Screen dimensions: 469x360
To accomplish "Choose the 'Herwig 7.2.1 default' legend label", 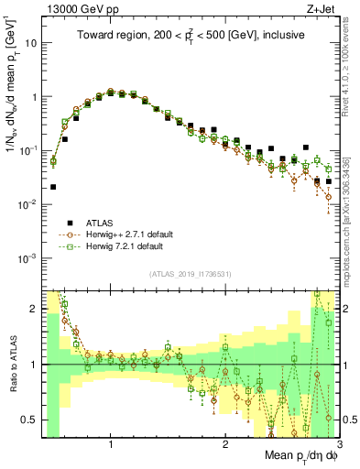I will pyautogui.click(x=124, y=246).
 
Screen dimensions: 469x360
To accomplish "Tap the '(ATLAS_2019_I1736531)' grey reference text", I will pyautogui.click(x=190, y=274).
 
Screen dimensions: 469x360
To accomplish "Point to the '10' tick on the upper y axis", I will pyautogui.click(x=29, y=42).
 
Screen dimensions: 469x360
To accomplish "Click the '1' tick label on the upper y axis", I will pyautogui.click(x=33, y=96).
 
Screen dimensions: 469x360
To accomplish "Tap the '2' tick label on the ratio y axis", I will pyautogui.click(x=34, y=309).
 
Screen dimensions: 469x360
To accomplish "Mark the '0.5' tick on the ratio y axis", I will pyautogui.click(x=29, y=420).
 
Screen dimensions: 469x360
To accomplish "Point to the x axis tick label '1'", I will pyautogui.click(x=111, y=445).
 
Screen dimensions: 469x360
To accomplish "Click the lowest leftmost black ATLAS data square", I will pyautogui.click(x=53, y=187).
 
